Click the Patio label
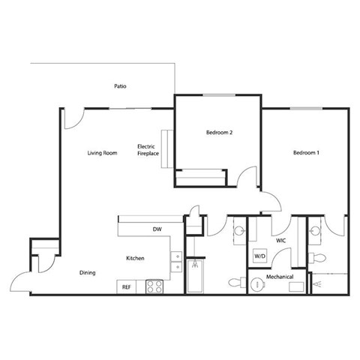tap(120, 86)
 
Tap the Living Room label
tap(102, 153)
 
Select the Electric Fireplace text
tap(148, 149)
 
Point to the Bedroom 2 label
tap(219, 133)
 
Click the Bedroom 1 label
tap(306, 153)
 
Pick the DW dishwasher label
tap(157, 229)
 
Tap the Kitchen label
tap(135, 259)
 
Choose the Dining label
tap(88, 273)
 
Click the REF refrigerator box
tap(126, 286)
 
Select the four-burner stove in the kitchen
tap(154, 286)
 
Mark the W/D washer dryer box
tap(260, 256)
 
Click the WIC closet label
tap(281, 241)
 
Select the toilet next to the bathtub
tap(234, 283)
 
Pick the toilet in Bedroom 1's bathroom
tap(319, 257)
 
